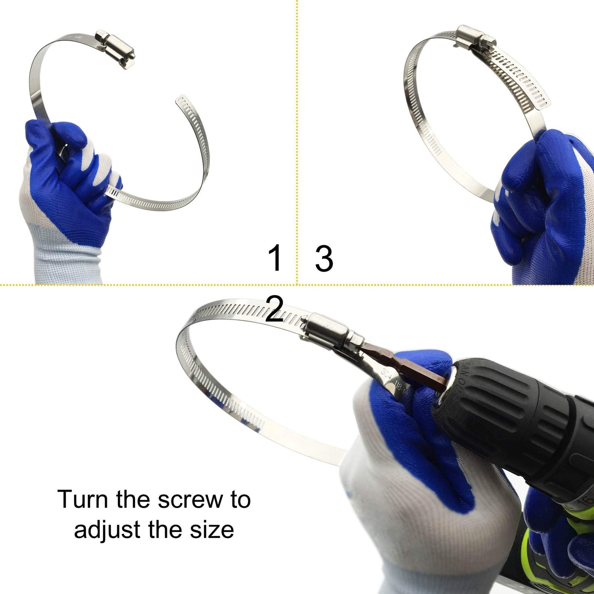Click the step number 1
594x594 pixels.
pyautogui.click(x=275, y=257)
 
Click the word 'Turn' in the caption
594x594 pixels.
pyautogui.click(x=83, y=499)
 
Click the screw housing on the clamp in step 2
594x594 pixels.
pyautogui.click(x=327, y=328)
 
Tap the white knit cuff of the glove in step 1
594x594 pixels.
pyautogui.click(x=62, y=259)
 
